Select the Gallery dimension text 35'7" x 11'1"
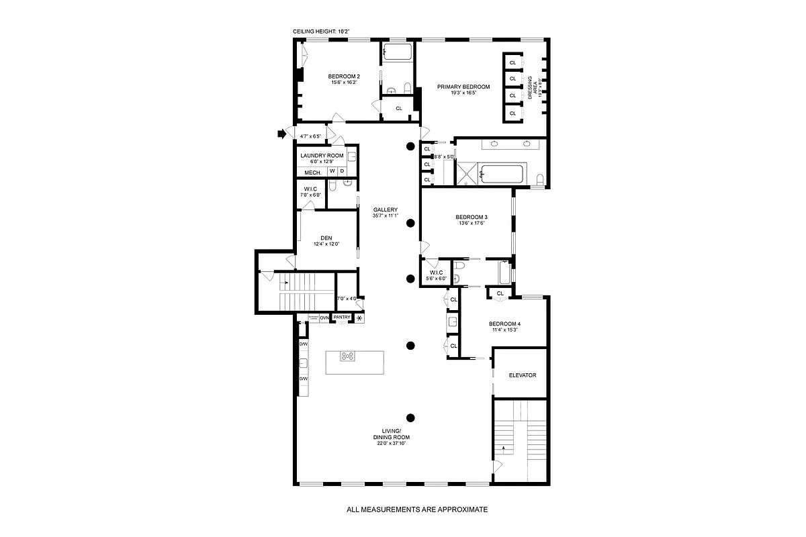386,216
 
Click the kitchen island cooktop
348,356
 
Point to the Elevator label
522,375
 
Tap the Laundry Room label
322,156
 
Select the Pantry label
342,318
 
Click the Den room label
326,238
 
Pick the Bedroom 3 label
471,217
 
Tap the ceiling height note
321,32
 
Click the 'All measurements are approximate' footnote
417,509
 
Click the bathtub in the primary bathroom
503,175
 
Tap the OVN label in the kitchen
324,318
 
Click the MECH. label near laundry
312,172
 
